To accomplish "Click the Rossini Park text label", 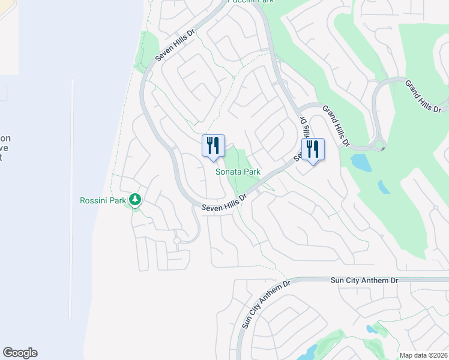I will click(101, 200).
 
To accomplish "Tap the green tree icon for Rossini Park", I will click(136, 199).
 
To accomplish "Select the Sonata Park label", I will click(238, 172).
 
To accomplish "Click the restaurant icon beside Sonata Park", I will click(213, 146).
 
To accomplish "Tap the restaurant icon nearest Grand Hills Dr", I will click(313, 149).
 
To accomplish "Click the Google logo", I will click(20, 353).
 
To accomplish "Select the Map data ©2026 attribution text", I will click(424, 355).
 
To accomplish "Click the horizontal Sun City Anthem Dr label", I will click(364, 280).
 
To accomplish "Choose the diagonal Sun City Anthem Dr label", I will click(265, 303).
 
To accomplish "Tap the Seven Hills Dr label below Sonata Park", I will click(224, 203).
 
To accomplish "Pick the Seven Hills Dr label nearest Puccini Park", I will click(176, 46).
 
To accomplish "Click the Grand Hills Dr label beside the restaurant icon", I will click(336, 125).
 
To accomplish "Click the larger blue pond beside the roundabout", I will click(361, 162).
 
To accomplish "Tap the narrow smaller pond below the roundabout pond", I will click(384, 187).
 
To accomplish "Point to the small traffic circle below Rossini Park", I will click(176, 241).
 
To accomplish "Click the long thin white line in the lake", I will click(71, 198).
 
